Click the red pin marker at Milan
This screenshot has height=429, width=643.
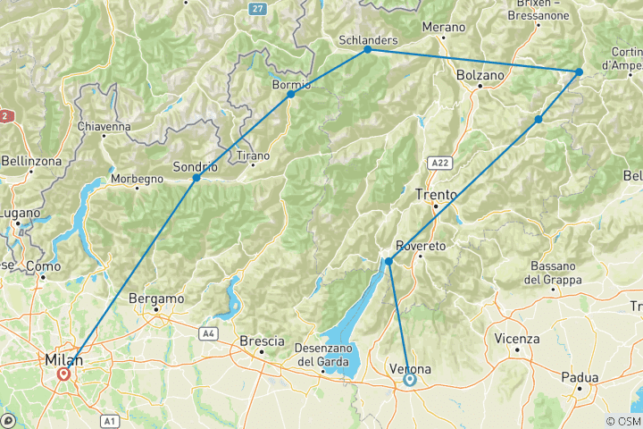(x=63, y=374)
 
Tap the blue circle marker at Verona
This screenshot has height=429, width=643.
(x=410, y=379)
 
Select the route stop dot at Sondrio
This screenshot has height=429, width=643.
(x=196, y=178)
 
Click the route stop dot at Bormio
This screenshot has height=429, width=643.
(x=291, y=94)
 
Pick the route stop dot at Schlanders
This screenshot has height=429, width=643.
(x=367, y=50)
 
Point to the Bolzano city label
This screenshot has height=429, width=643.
(x=480, y=76)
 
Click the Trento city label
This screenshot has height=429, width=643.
(x=437, y=193)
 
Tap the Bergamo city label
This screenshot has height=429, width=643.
(x=156, y=299)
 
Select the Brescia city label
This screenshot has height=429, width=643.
(x=262, y=341)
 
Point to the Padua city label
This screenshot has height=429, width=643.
(x=580, y=377)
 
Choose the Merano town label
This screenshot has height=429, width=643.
(x=444, y=27)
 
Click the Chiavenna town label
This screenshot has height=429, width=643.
(x=104, y=127)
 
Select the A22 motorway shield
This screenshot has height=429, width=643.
(x=437, y=163)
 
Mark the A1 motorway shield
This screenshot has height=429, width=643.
(x=108, y=419)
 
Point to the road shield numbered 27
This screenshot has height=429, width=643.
(x=258, y=8)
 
